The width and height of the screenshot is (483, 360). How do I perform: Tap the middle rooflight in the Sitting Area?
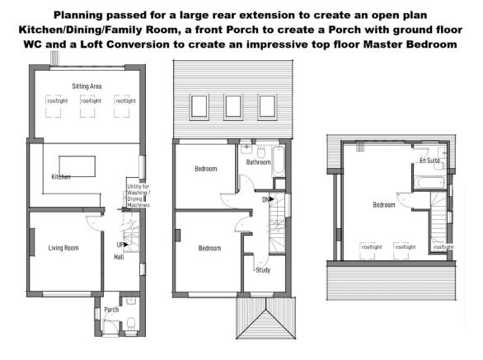87,101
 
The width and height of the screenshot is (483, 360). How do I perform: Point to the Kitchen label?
61,177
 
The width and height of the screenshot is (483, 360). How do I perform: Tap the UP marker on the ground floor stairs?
121,245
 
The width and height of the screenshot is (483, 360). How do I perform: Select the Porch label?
110,311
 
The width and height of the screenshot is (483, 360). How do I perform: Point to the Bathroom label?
258,162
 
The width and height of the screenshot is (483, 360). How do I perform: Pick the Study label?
263,269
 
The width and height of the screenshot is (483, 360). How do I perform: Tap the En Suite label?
429,160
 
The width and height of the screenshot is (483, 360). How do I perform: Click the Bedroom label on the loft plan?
383,204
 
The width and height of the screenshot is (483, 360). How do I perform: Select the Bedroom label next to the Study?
210,247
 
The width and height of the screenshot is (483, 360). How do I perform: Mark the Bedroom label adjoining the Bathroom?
206,169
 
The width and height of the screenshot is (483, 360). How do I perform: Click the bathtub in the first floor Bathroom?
278,162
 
